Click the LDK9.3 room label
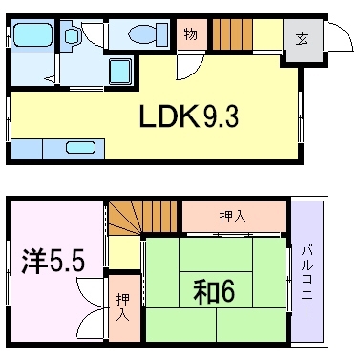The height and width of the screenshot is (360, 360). pyautogui.click(x=189, y=116)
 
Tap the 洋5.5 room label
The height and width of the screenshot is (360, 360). pyautogui.click(x=53, y=262)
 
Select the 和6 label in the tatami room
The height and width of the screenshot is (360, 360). pyautogui.click(x=214, y=291)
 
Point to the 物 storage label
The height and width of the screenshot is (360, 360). pyautogui.click(x=190, y=33)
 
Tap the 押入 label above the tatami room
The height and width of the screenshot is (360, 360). pyautogui.click(x=233, y=217)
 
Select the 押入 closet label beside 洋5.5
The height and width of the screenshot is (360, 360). pyautogui.click(x=123, y=307)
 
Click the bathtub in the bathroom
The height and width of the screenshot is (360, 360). pyautogui.click(x=32, y=35)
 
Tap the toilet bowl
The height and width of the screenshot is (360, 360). pyautogui.click(x=148, y=33)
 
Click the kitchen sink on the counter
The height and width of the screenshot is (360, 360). pyautogui.click(x=80, y=148)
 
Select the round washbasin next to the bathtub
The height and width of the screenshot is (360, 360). pyautogui.click(x=72, y=35)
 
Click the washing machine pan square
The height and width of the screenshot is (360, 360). pyautogui.click(x=120, y=72)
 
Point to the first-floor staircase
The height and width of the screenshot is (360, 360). pyautogui.click(x=232, y=34)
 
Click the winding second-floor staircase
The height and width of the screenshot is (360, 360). pyautogui.click(x=142, y=218)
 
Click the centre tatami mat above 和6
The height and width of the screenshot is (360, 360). pyautogui.click(x=216, y=254)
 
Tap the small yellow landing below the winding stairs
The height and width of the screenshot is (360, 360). pyautogui.click(x=124, y=253)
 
